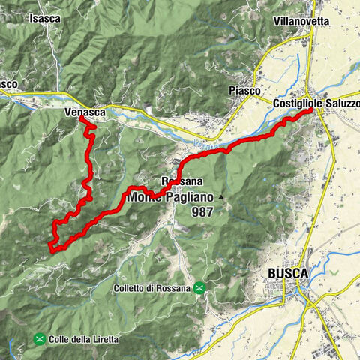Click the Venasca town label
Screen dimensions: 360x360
click(x=82, y=111)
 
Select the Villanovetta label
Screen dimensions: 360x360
click(x=301, y=21)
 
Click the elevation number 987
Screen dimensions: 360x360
click(x=202, y=213)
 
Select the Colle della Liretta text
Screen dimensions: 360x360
click(x=83, y=339)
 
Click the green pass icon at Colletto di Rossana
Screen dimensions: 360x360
click(x=200, y=287)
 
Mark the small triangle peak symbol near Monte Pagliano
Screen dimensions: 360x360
click(x=221, y=198)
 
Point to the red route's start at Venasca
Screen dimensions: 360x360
click(x=81, y=118)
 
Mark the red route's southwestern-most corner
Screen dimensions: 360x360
click(x=50, y=247)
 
